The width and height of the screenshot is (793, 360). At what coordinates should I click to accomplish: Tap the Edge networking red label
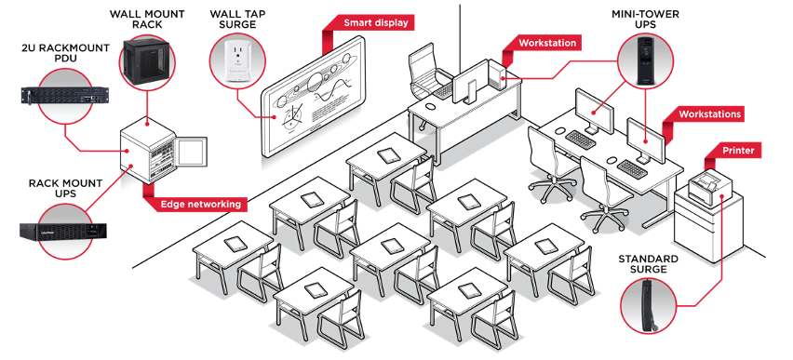coord(200,205)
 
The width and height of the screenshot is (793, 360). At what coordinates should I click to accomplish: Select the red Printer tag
coord(738,150)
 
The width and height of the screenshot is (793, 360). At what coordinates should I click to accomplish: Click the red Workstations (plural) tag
coord(709,114)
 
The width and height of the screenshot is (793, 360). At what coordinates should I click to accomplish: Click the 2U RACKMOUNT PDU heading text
coord(65,54)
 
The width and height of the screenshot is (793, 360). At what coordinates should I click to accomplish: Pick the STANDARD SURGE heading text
coord(648,264)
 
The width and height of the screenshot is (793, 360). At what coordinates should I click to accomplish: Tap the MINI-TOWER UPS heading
coord(645,20)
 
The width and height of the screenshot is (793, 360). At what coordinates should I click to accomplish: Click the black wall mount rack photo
coord(146,60)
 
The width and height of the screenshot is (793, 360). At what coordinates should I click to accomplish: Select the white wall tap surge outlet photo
coord(236,60)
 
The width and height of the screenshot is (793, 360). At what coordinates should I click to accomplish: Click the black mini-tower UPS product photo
coord(645,60)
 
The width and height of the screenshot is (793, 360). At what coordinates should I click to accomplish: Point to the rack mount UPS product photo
coord(62,232)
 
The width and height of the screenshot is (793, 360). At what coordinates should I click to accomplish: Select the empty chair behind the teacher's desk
coord(429,71)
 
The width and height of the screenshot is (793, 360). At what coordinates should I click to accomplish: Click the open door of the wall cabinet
coord(191,150)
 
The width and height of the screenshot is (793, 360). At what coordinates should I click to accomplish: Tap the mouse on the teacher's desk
coord(429,107)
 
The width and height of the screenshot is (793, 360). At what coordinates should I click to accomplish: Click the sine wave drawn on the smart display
coord(330,90)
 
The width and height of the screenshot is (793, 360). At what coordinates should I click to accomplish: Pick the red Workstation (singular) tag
coord(547,43)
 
